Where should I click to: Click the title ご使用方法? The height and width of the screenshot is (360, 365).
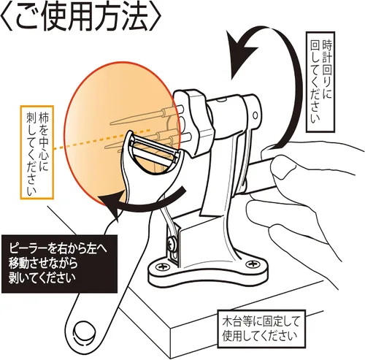pyautogui.click(x=82, y=17)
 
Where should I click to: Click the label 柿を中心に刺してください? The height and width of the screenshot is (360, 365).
pyautogui.click(x=37, y=153)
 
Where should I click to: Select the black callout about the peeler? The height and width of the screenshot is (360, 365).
pyautogui.click(x=59, y=264)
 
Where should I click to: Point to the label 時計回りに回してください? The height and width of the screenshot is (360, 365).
pyautogui.click(x=320, y=82)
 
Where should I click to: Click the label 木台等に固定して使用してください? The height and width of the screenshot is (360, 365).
pyautogui.click(x=261, y=329)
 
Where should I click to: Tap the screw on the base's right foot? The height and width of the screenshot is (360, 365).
pyautogui.click(x=250, y=264)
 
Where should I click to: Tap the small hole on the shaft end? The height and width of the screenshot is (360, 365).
pyautogui.click(x=255, y=115)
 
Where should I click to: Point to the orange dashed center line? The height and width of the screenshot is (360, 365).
pyautogui.click(x=101, y=139)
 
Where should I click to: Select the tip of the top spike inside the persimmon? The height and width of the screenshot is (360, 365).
pyautogui.click(x=111, y=124)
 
